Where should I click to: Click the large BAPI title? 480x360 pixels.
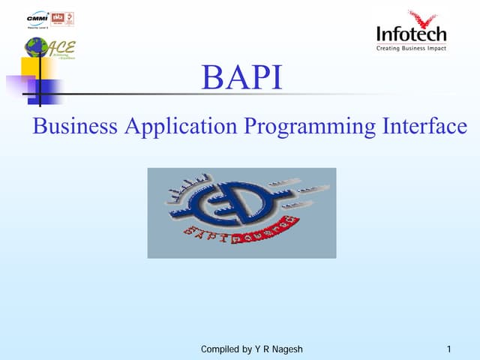pyautogui.click(x=241, y=79)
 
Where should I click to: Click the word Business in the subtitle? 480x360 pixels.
pyautogui.click(x=74, y=126)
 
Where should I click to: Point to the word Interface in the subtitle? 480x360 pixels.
pyautogui.click(x=422, y=126)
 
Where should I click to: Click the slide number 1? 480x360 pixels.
pyautogui.click(x=448, y=349)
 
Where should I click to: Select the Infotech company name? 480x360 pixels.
pyautogui.click(x=410, y=34)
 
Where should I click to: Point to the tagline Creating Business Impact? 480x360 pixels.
pyautogui.click(x=411, y=49)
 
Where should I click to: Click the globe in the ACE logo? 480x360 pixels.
pyautogui.click(x=34, y=47)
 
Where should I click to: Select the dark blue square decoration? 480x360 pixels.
pyautogui.click(x=49, y=91)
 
